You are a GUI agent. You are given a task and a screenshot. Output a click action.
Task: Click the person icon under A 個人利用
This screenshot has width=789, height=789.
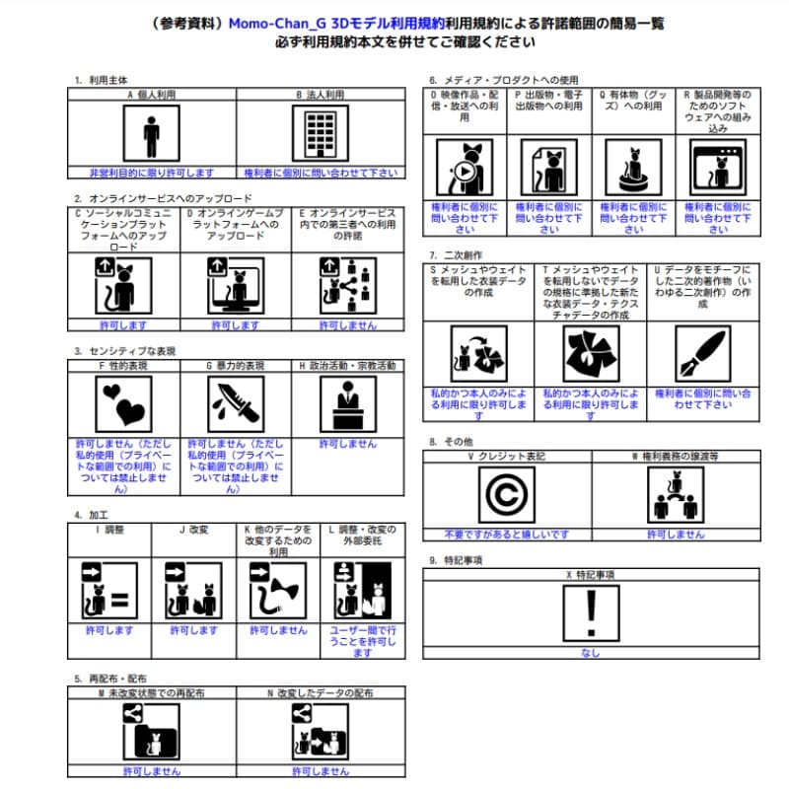pyautogui.click(x=151, y=133)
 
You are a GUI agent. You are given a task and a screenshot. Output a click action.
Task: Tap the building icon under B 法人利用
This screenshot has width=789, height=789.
pyautogui.click(x=319, y=133)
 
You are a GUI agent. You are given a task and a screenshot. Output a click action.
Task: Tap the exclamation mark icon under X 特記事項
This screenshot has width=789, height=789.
pyautogui.click(x=590, y=612)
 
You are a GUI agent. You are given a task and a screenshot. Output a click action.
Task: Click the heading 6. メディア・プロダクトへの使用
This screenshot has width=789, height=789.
pyautogui.click(x=503, y=80)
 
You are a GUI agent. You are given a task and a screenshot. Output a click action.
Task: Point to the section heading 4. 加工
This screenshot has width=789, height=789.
pyautogui.click(x=91, y=515)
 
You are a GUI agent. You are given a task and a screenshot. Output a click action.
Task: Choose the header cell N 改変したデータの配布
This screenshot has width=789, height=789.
pyautogui.click(x=320, y=693)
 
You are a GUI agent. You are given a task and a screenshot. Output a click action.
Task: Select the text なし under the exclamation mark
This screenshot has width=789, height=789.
pyautogui.click(x=590, y=653)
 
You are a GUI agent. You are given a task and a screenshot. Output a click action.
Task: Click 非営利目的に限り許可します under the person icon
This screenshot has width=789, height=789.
pyautogui.click(x=151, y=173)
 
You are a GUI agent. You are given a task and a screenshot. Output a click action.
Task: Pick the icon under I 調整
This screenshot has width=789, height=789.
pyautogui.click(x=107, y=592)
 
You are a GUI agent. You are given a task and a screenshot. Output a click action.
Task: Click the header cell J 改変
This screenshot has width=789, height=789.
pyautogui.click(x=193, y=530)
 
